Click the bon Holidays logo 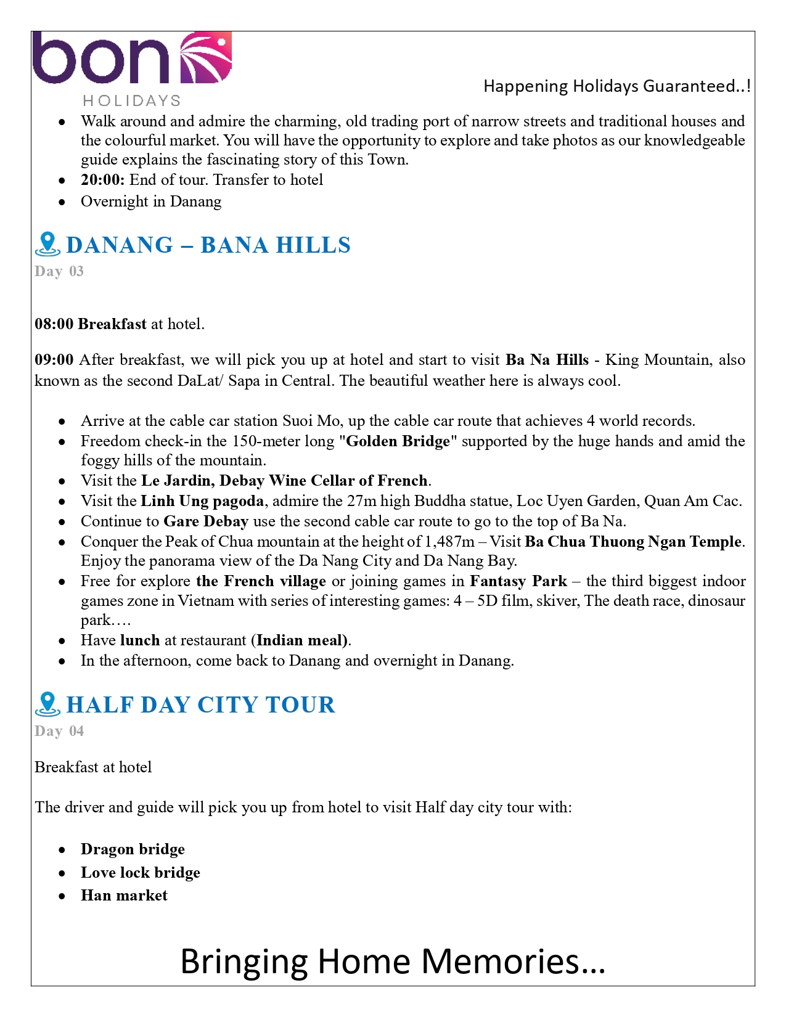point(132,68)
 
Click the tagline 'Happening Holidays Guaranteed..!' point(616,86)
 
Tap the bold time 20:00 point(102,180)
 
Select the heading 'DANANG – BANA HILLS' point(208,245)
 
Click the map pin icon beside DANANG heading point(47,244)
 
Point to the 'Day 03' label point(59,271)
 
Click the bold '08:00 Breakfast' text point(91,324)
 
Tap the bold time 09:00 point(54,360)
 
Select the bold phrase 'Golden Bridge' point(398,441)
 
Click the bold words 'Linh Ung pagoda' point(203,501)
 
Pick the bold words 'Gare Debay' point(206,521)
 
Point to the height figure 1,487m point(450,542)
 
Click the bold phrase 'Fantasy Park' point(518,581)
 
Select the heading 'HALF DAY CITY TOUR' point(201,705)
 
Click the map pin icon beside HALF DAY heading point(47,704)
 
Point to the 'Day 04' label point(59,731)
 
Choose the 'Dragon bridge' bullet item point(133,849)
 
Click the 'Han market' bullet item point(124,896)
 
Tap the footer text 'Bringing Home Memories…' point(393,961)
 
